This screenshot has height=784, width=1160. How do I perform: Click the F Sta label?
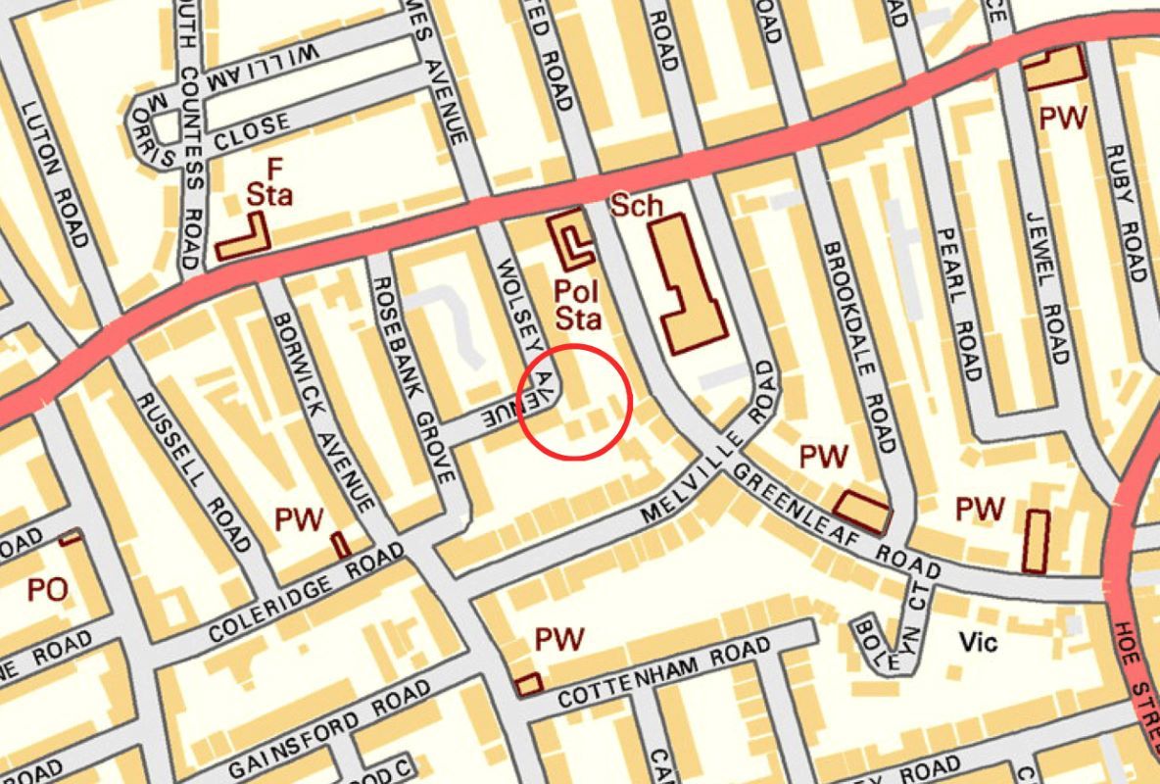click(268, 181)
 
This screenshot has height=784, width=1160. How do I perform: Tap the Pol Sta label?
click(576, 304)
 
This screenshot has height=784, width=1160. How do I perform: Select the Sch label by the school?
click(637, 206)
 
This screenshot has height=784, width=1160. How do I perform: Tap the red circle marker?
click(575, 401)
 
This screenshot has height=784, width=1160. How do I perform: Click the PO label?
click(47, 590)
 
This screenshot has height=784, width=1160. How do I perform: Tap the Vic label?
click(977, 642)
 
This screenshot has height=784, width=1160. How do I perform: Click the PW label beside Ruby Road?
click(1062, 119)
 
